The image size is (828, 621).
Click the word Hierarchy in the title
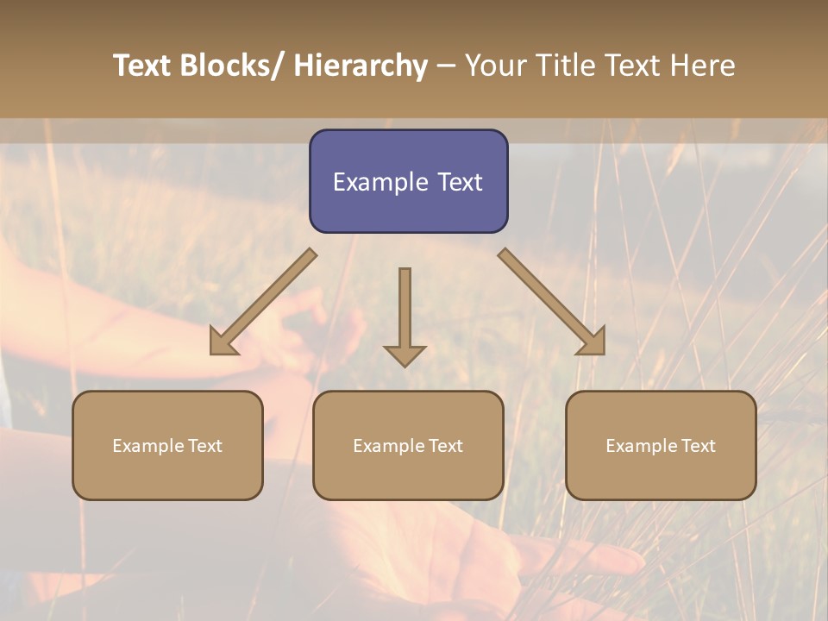[x=361, y=66]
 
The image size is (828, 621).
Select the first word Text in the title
[x=143, y=66]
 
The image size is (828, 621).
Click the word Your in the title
[x=495, y=66]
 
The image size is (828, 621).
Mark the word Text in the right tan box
[x=698, y=446]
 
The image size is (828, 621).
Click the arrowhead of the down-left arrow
[x=223, y=342]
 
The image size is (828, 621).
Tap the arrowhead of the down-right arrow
[x=593, y=342]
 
